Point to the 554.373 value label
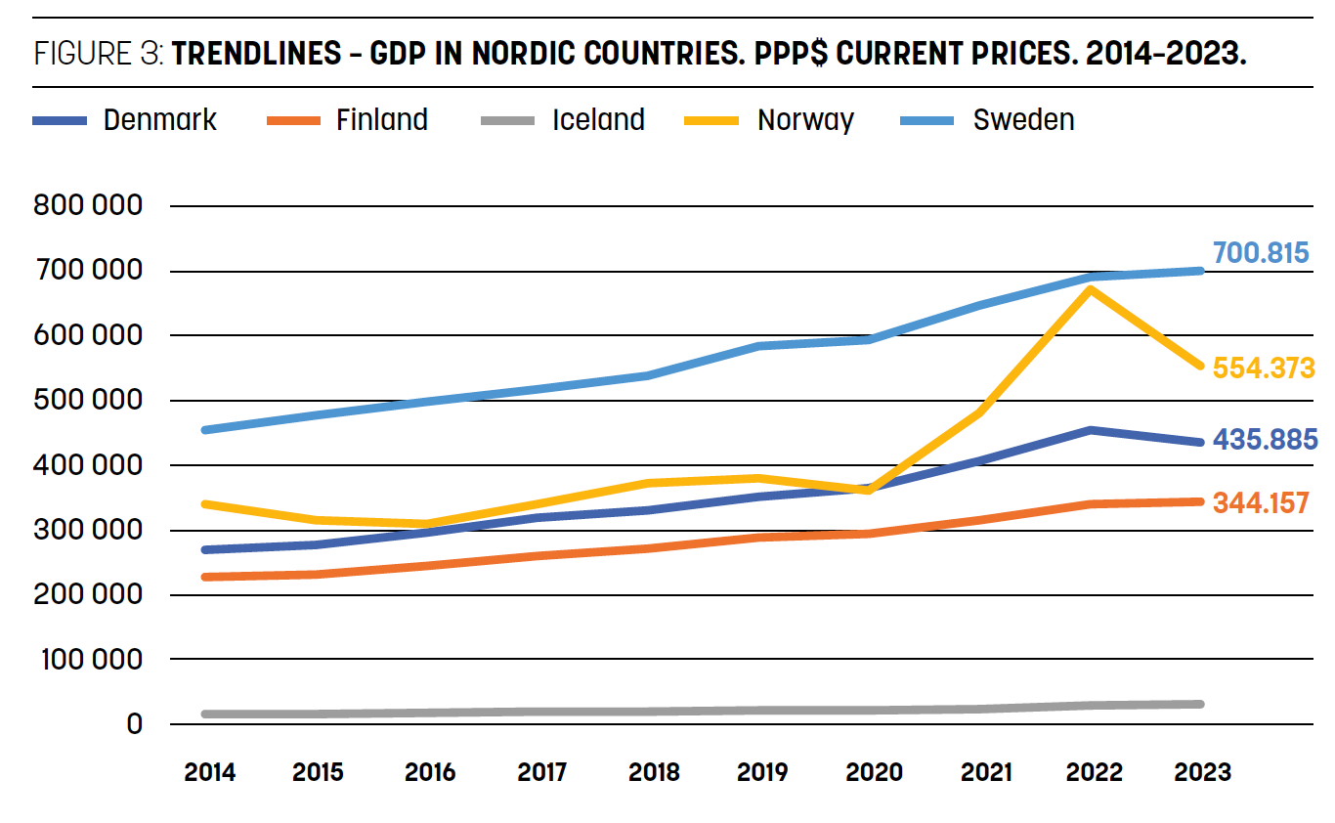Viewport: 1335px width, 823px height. coord(1263,368)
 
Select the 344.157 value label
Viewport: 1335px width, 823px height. coord(1260,503)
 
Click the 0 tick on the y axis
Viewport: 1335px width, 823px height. coord(133,724)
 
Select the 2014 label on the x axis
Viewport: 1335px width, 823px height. coord(210,772)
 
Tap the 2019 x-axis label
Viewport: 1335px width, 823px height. coord(762,772)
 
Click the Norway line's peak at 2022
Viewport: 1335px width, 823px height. coord(1091,288)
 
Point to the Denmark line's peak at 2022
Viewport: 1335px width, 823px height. coord(1091,430)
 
